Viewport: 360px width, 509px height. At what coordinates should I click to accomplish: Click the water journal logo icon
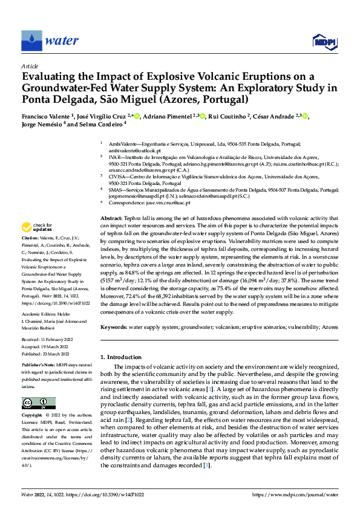pyautogui.click(x=32, y=41)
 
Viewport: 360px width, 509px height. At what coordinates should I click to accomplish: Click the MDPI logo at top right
pyautogui.click(x=323, y=41)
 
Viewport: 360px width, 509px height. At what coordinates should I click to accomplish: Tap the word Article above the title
pyautogui.click(x=30, y=65)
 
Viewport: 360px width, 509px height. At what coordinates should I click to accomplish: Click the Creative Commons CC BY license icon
pyautogui.click(x=39, y=403)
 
